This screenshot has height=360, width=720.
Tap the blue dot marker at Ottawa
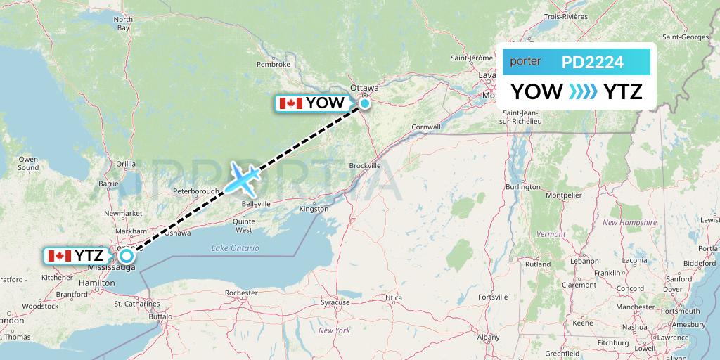[x=365, y=103]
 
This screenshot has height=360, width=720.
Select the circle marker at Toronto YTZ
[x=127, y=256]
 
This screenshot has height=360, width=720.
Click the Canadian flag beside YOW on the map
[x=290, y=103]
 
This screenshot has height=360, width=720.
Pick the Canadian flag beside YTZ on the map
[x=59, y=256]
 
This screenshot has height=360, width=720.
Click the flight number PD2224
[x=592, y=63]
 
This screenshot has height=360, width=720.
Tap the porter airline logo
[x=525, y=62]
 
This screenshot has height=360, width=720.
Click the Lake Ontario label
[x=235, y=248]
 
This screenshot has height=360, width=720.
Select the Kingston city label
[x=314, y=209]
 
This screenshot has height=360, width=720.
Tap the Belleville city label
[x=256, y=203]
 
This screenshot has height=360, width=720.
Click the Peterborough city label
[x=197, y=191]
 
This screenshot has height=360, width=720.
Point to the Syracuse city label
[x=335, y=302]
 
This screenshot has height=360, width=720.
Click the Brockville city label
[x=364, y=165]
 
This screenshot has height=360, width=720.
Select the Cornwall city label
[x=426, y=127]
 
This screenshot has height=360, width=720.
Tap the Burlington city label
[x=522, y=187]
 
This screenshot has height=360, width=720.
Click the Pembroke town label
[x=274, y=64]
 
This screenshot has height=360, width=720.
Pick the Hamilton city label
[x=97, y=283]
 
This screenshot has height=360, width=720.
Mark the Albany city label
[x=488, y=338]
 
